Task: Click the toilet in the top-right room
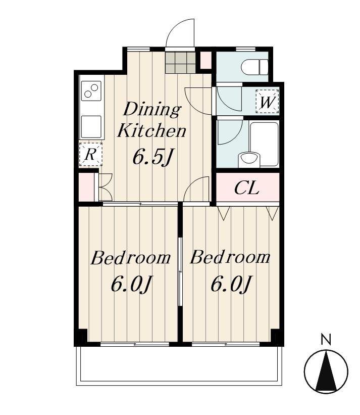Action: pos(255,67)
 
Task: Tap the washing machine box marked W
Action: pos(267,102)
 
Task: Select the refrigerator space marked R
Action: pos(91,154)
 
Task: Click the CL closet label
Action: pos(246,188)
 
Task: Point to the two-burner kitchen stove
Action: pos(91,91)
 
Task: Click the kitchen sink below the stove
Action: pos(91,126)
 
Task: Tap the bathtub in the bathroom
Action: pos(264,144)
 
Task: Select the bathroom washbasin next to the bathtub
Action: pos(249,159)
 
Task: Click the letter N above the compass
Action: pos(326,339)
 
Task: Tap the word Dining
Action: pos(152,110)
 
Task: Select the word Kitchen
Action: pos(151,130)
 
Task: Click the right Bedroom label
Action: pos(230,257)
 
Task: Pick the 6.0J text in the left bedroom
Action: pos(132,284)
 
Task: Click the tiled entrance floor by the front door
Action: pos(180,62)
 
